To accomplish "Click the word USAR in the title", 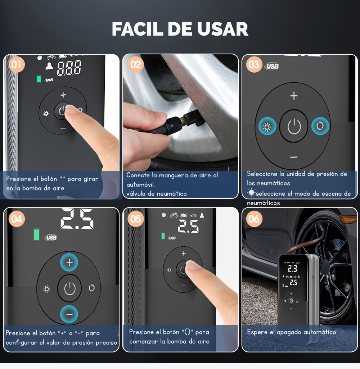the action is (x=222, y=29).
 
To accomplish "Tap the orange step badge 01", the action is (x=17, y=64).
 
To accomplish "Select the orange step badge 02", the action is (x=136, y=64).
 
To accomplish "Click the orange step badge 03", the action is (x=254, y=64).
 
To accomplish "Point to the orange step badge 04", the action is (x=17, y=219).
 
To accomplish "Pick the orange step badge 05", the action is (x=136, y=219).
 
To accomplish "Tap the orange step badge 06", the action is (x=254, y=219).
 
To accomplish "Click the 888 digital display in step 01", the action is (x=69, y=68).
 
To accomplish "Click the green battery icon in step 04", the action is (x=36, y=234).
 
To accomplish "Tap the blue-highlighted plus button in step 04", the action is (x=69, y=263).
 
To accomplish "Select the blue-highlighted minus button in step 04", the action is (x=69, y=314).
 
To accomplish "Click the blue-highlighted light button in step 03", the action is (x=267, y=126).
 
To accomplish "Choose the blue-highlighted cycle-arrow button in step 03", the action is (x=320, y=126).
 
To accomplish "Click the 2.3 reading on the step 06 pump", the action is (x=292, y=268).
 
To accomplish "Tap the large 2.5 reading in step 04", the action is (x=77, y=219).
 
